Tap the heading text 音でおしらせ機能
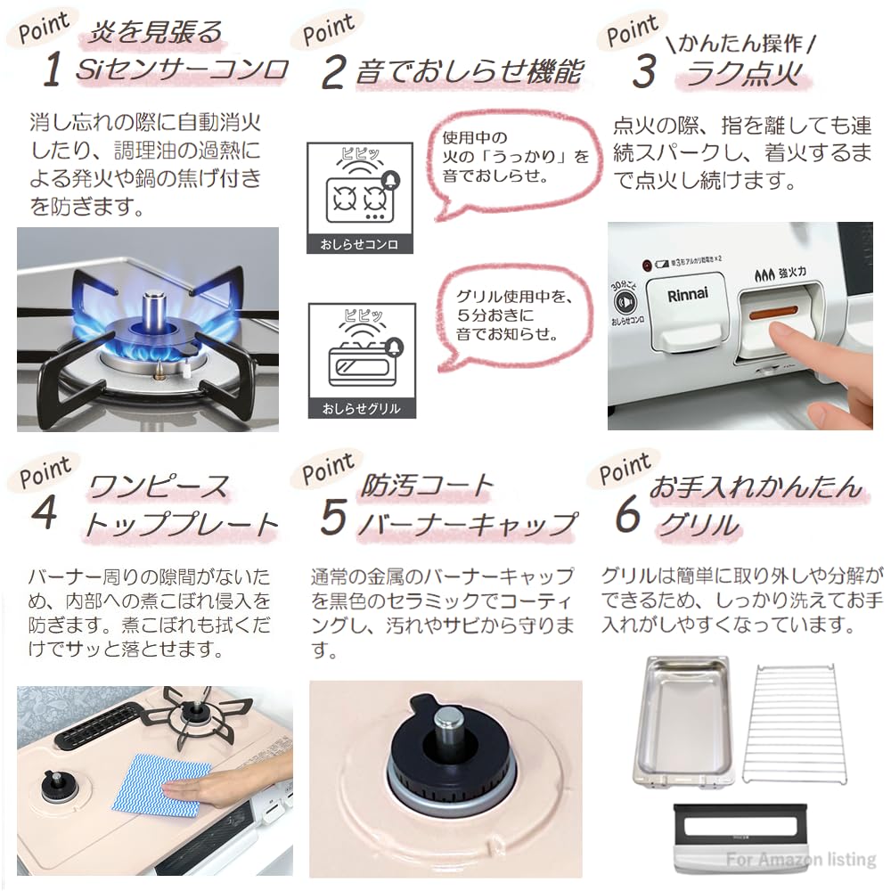coord(468,72)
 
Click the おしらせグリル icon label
coord(360,409)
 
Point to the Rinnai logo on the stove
coord(686,297)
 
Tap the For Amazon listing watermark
coord(801,860)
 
